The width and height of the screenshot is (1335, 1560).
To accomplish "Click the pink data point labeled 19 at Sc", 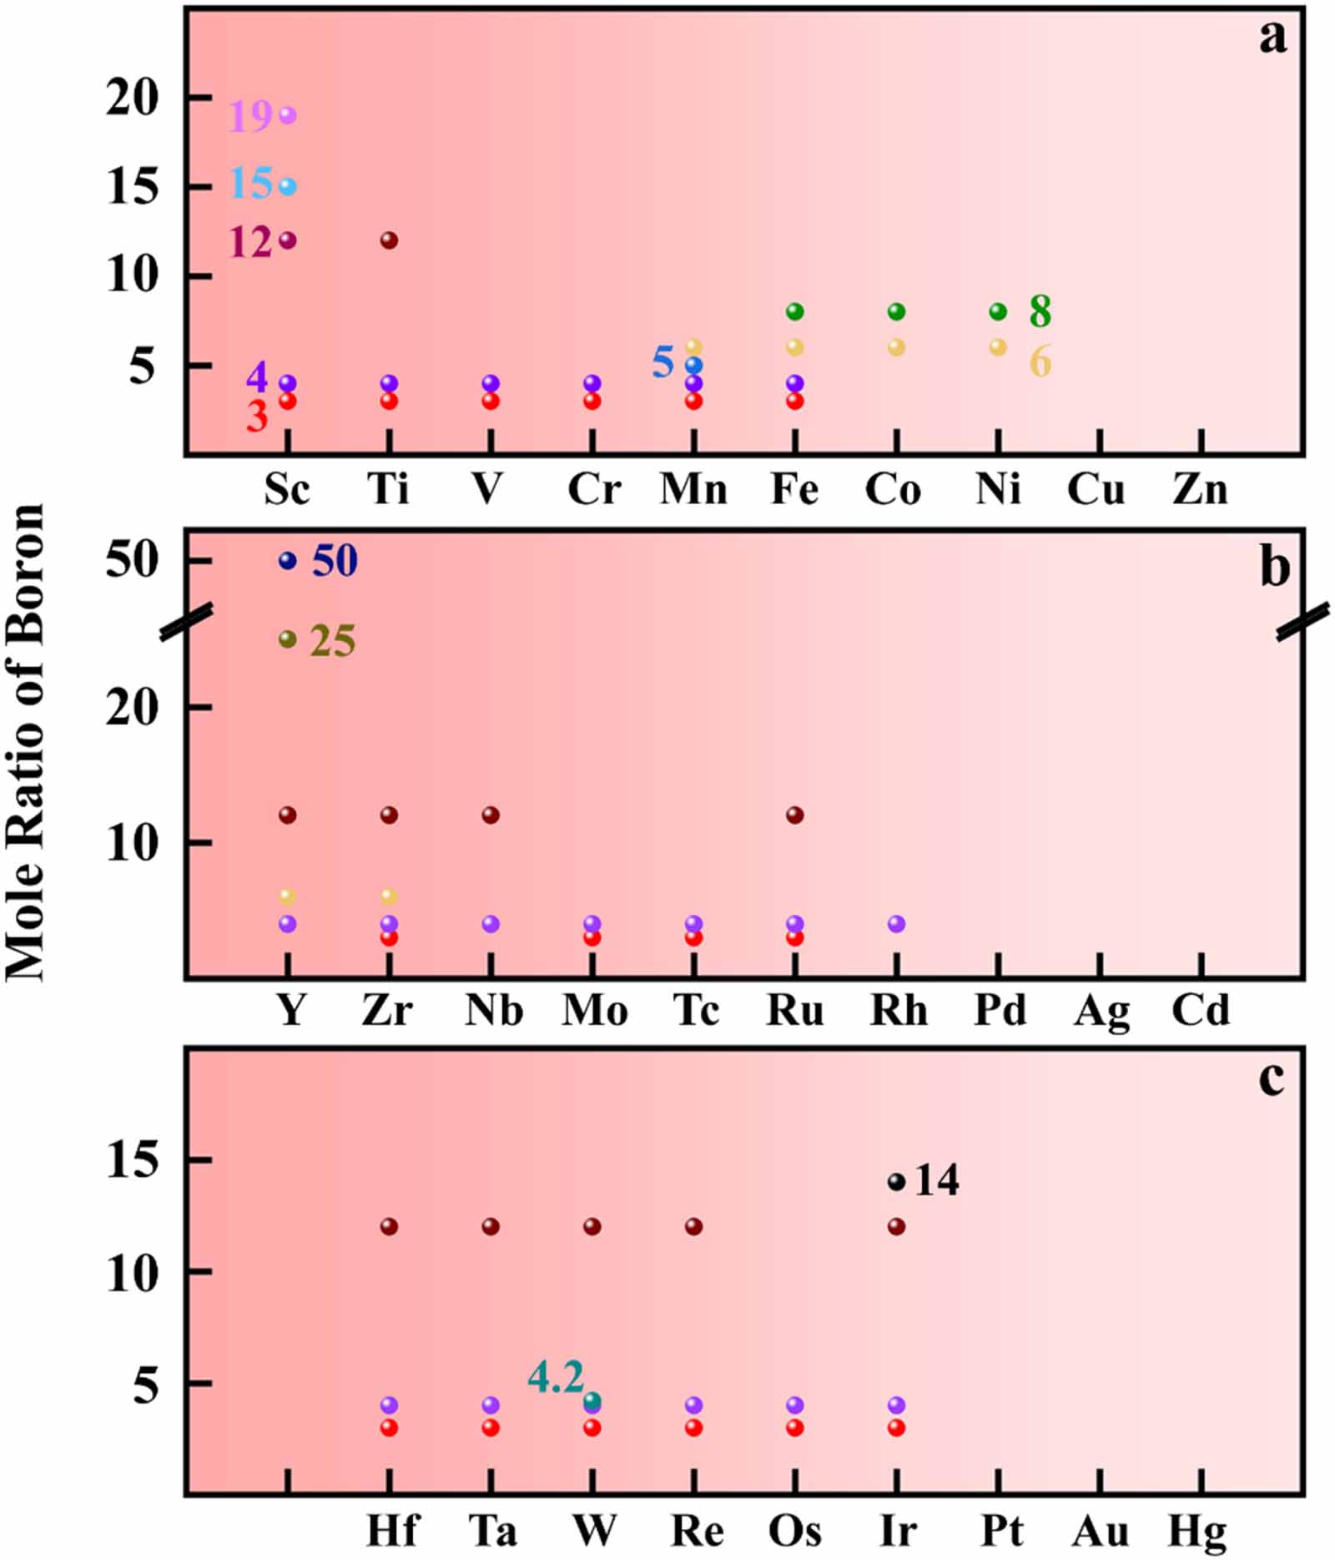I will click(x=287, y=115).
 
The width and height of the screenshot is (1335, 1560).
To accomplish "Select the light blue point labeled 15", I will click(x=287, y=186).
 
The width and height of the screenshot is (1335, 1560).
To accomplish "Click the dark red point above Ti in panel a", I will click(x=389, y=240).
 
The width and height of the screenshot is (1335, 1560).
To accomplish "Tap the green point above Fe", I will click(x=795, y=311).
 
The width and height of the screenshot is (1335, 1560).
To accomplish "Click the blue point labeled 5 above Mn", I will click(x=693, y=365).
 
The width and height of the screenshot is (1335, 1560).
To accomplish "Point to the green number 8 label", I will click(x=1040, y=311).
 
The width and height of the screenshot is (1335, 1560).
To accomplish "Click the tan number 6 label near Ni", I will click(x=1040, y=361).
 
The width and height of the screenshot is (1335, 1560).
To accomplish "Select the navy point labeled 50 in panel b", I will click(x=287, y=560).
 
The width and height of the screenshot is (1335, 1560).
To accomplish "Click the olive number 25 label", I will click(x=333, y=641).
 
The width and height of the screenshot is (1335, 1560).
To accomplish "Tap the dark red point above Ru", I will click(x=795, y=815).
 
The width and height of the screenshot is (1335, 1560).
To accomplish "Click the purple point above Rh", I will click(x=896, y=923).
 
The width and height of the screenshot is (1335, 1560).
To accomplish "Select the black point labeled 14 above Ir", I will click(x=896, y=1182).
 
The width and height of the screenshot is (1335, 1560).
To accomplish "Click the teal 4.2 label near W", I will click(x=556, y=1377).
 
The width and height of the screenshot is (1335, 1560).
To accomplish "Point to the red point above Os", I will click(x=795, y=1427).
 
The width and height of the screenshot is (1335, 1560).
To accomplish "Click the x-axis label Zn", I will click(x=1200, y=489).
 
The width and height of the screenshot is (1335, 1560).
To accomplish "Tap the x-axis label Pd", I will click(x=1000, y=1010).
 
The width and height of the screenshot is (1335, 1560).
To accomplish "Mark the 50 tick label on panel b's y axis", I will click(x=132, y=560).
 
